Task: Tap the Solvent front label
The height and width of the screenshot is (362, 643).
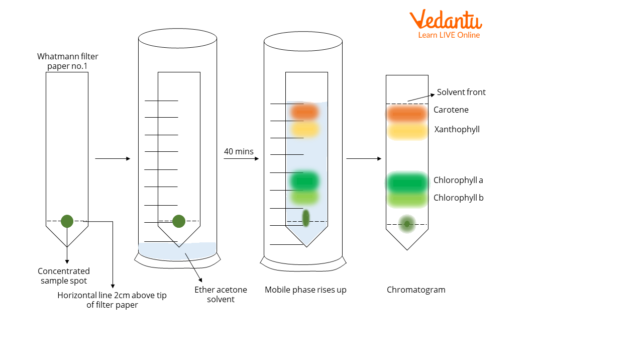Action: point(461,93)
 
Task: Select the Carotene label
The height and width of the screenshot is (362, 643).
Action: point(451,110)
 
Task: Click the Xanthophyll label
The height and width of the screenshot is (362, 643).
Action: point(457,130)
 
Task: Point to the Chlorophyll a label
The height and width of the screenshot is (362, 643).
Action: point(458,180)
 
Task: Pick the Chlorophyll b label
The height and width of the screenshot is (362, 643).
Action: point(458,198)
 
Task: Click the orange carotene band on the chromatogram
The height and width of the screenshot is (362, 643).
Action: point(407,114)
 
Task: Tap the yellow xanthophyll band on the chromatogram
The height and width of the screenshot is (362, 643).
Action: point(407,131)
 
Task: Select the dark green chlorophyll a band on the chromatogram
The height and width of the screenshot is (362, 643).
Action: point(407,183)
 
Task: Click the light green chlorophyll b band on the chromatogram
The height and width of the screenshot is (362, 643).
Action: point(407,199)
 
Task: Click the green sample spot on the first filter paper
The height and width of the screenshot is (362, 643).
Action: point(67,221)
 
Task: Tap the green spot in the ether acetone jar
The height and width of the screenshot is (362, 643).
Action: point(179,221)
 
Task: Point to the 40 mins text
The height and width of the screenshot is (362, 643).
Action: point(239,152)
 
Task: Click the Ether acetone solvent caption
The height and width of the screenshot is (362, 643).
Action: point(221,295)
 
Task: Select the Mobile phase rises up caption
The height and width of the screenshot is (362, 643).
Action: point(305,290)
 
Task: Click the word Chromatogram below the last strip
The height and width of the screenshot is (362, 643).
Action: point(416,290)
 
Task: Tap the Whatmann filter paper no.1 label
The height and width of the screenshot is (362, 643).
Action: point(68,61)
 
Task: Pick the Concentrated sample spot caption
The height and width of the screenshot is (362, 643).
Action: point(64,276)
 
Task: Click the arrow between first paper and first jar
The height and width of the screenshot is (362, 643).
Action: point(113,159)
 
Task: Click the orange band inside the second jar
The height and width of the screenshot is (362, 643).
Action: point(304,111)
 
